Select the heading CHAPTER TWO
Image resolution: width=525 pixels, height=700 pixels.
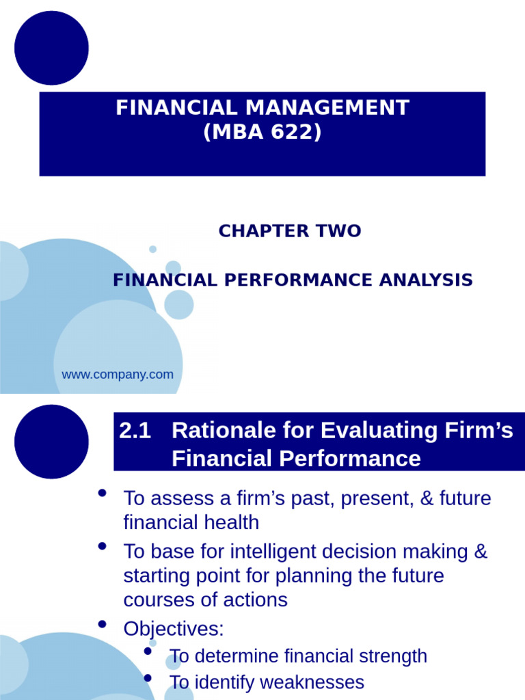290,231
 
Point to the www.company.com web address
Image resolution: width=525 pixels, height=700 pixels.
118,375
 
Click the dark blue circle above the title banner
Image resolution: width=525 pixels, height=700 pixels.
51,48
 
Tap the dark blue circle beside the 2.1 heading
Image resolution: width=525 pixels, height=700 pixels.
51,442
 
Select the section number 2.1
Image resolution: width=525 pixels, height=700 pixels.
135,431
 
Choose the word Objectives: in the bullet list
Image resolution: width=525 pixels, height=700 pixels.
174,629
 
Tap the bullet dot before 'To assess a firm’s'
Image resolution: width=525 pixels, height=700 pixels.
103,494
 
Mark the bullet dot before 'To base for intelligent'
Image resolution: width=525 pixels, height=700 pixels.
103,546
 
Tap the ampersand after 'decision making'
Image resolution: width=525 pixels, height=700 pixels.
481,552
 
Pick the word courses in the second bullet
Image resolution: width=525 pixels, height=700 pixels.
157,600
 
